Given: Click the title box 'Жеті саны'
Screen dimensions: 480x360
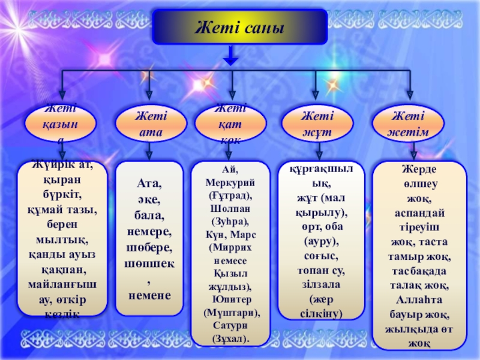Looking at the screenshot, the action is tap(239, 26).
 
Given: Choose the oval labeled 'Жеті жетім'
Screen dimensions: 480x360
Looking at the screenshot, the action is tap(409, 124).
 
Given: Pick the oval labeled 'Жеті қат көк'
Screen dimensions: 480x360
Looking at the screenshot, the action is tap(230, 124).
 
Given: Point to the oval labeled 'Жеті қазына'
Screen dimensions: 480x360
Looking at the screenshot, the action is tap(60, 124).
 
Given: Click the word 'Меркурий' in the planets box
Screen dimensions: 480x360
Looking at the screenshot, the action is tap(230, 181).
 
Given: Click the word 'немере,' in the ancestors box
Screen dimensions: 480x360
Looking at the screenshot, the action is tap(149, 231).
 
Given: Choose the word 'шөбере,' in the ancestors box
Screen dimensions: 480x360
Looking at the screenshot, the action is tap(149, 247).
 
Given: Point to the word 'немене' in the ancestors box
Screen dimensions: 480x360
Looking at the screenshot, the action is tap(149, 295).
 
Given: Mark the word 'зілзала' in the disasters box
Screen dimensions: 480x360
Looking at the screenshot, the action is tap(321, 285).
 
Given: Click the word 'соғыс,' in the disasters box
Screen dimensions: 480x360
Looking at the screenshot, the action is tap(321, 255).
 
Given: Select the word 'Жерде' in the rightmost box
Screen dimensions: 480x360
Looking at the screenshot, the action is tap(419, 170).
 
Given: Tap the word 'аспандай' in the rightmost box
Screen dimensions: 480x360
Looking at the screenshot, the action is tap(419, 214).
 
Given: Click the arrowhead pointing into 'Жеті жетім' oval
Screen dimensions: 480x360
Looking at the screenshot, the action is tap(409, 95).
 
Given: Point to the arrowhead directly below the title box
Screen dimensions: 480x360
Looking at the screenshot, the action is tap(230, 60).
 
